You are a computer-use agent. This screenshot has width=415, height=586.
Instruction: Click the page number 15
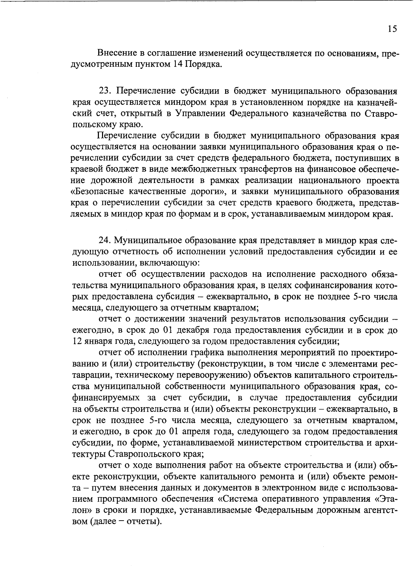[x=392, y=29]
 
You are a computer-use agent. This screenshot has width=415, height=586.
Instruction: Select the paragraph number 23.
[x=104, y=91]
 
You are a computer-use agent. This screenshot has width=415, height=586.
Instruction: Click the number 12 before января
[x=77, y=341]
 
